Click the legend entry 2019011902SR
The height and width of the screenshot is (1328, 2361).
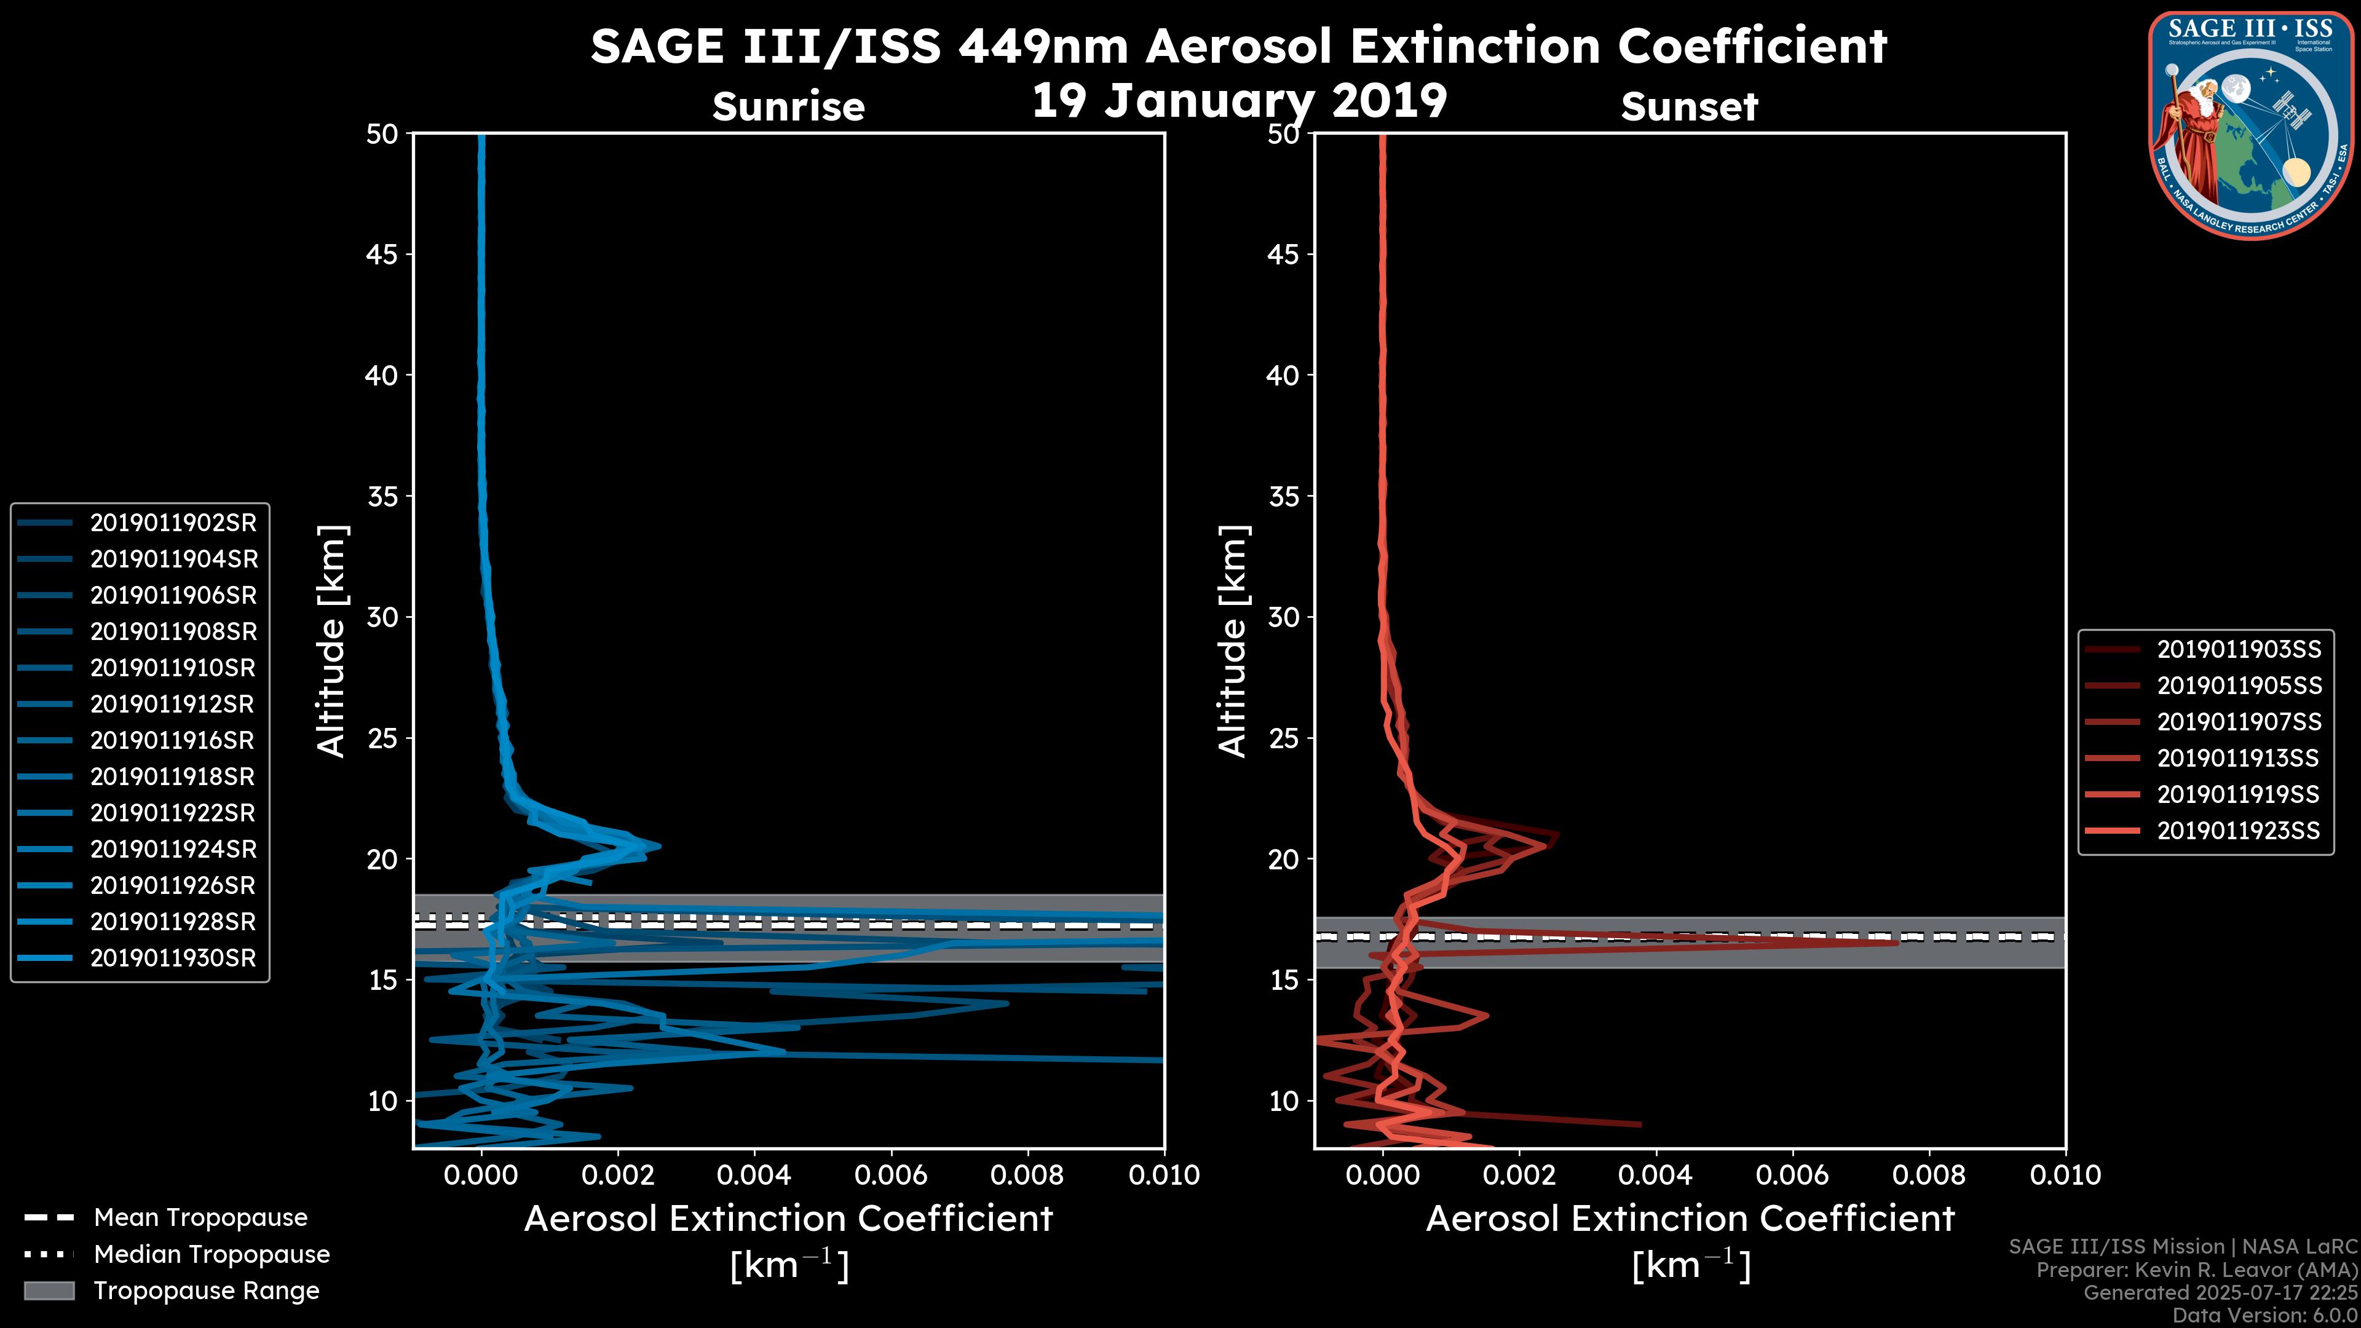(x=173, y=523)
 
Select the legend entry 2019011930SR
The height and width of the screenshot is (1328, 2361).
(x=173, y=958)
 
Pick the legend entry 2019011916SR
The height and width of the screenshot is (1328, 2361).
(x=173, y=740)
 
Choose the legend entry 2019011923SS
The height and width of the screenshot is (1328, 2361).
(x=2239, y=831)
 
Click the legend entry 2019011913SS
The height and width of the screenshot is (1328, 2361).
(x=2239, y=758)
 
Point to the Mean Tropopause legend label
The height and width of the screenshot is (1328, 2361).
(x=200, y=1217)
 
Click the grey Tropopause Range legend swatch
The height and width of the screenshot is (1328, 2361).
(x=49, y=1290)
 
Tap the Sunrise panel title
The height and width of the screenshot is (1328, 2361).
(x=788, y=107)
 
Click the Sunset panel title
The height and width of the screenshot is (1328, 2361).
(x=1689, y=107)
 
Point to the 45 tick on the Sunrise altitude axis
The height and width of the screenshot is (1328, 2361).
(x=382, y=254)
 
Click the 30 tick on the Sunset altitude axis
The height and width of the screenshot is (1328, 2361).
(x=1284, y=617)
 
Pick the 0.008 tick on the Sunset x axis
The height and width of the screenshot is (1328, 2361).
(x=1929, y=1175)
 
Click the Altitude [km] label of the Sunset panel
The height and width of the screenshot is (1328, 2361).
(x=1233, y=641)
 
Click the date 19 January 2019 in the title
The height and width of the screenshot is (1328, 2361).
(x=1239, y=101)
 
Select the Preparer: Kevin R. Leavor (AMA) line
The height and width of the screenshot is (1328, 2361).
(x=2196, y=1270)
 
